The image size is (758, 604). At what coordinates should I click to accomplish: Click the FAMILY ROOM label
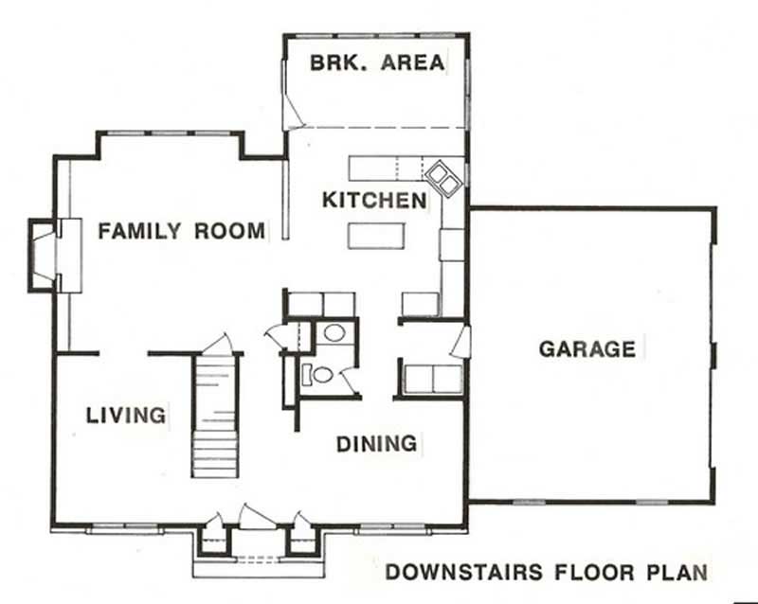(181, 230)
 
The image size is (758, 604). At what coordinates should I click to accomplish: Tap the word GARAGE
(587, 348)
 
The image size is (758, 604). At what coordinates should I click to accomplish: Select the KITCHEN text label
(374, 201)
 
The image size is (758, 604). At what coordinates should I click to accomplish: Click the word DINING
(376, 443)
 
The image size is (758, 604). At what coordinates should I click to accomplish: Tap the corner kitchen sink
(442, 178)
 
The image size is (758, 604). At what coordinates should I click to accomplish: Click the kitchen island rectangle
(374, 234)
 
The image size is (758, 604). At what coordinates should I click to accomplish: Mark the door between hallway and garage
(460, 342)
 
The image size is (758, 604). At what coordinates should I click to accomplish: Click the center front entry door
(255, 517)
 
